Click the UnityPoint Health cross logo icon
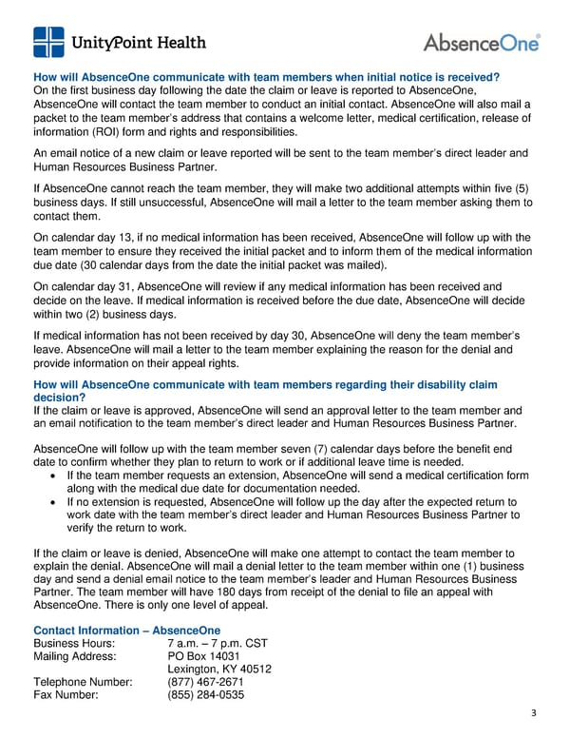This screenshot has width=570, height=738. point(49,43)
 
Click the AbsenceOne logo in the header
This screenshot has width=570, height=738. point(482,43)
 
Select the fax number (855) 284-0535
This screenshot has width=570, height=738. point(205,694)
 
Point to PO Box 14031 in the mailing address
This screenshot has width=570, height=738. point(203,655)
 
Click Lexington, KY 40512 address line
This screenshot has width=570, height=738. point(219,669)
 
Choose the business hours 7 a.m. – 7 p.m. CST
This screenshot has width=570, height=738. point(218,643)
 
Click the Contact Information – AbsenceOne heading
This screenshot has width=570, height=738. point(126,630)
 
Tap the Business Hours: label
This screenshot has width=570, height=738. point(75,643)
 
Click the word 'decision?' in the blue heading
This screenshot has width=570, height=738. point(60,398)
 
